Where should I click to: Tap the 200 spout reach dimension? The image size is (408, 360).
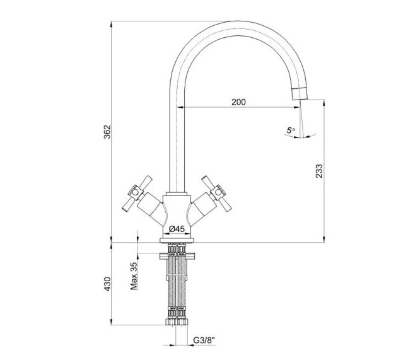click(238, 102)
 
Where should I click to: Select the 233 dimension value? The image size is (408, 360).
click(318, 171)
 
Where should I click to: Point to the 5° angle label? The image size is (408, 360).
click(291, 130)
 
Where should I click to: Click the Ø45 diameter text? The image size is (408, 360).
click(177, 229)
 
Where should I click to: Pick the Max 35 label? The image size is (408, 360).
click(134, 276)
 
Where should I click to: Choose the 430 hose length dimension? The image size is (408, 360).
click(107, 284)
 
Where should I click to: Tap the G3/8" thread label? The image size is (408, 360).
click(204, 340)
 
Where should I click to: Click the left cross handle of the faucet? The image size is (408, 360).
click(137, 194)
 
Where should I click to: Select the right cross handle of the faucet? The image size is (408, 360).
click(217, 194)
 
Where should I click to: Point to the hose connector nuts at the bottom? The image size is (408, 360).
click(177, 322)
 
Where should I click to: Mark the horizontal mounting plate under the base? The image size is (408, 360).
click(177, 256)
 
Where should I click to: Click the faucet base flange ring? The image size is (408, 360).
click(177, 240)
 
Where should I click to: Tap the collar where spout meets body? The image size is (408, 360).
click(177, 194)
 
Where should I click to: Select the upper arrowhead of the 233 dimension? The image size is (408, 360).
click(324, 103)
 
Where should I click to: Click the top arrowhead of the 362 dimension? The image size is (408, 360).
click(112, 24)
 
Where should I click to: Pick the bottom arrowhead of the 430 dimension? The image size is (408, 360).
click(112, 322)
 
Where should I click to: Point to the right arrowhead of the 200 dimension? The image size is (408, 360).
click(297, 107)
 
